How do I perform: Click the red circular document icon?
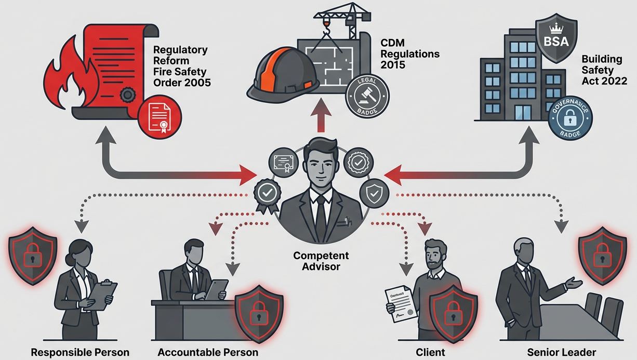pos(161,117)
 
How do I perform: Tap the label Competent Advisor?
pos(321,261)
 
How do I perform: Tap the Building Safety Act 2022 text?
pos(604,70)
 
